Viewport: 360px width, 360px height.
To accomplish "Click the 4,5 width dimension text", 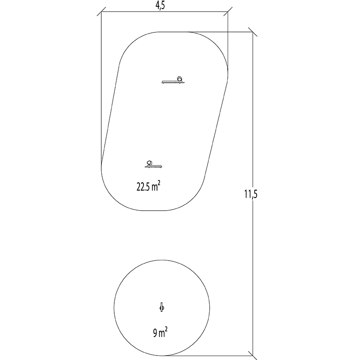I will pos(164,6).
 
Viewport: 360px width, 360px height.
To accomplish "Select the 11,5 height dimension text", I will pos(250,194).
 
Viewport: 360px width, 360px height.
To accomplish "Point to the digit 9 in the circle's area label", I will pos(155,333).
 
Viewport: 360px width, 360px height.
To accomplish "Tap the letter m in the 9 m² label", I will pos(162,334).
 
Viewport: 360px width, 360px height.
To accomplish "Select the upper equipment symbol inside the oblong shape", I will pos(173,81).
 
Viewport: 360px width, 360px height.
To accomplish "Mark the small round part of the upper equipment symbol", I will pos(180,78).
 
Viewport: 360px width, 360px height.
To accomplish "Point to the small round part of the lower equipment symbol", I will pos(149,162).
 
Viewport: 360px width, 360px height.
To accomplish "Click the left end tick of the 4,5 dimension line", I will pos(101,12).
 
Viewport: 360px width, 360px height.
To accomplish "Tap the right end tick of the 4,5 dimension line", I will pos(228,12).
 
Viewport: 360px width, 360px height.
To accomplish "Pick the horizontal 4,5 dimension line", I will pos(135,12).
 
